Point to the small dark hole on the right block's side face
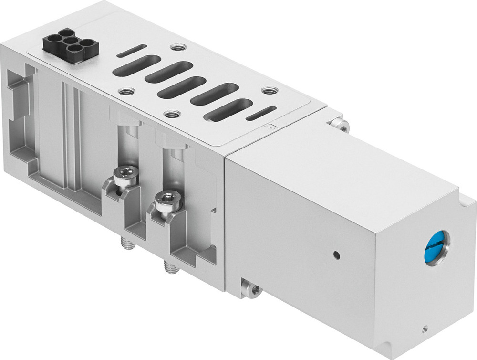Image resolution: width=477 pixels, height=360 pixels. coord(337,254)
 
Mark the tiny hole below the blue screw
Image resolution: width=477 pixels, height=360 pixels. coord(425,328)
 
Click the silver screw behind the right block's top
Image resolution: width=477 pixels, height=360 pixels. coord(341,125)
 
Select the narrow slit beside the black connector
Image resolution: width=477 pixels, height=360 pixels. coord(132,51)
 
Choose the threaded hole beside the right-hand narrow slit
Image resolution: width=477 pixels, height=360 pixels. coord(270,90)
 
